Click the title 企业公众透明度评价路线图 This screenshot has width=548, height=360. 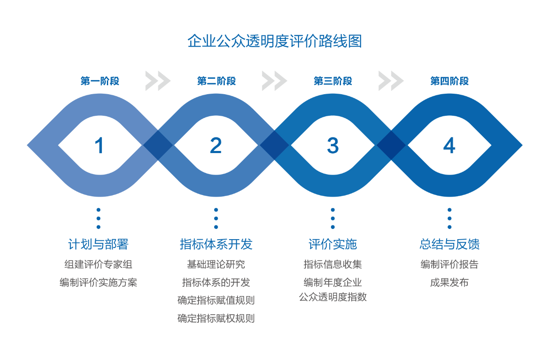pyautogui.click(x=274, y=41)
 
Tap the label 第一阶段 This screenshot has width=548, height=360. pyautogui.click(x=100, y=81)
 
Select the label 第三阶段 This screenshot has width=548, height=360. pyautogui.click(x=333, y=81)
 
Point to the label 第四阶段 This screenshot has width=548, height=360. pyautogui.click(x=450, y=81)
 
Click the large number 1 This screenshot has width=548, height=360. pyautogui.click(x=99, y=145)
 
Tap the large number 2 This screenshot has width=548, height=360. pyautogui.click(x=216, y=145)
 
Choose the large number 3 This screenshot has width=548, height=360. pyautogui.click(x=333, y=145)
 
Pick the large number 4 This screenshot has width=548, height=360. pyautogui.click(x=450, y=145)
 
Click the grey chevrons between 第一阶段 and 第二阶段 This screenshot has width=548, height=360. pyautogui.click(x=158, y=81)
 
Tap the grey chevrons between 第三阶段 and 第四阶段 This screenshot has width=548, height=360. pyautogui.click(x=391, y=81)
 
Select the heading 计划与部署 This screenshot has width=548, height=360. pyautogui.click(x=98, y=244)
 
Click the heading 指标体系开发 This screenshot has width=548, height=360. pyautogui.click(x=216, y=244)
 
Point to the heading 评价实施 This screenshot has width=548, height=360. pyautogui.click(x=333, y=244)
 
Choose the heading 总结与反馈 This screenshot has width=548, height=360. pyautogui.click(x=450, y=244)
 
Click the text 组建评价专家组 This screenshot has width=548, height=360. pyautogui.click(x=98, y=264)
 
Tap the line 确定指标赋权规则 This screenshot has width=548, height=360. pyautogui.click(x=216, y=318)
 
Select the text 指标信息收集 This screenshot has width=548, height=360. pyautogui.click(x=333, y=264)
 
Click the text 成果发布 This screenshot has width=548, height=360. pyautogui.click(x=450, y=282)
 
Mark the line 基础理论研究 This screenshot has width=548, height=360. pyautogui.click(x=216, y=264)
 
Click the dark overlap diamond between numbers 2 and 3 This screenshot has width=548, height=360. pyautogui.click(x=274, y=145)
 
